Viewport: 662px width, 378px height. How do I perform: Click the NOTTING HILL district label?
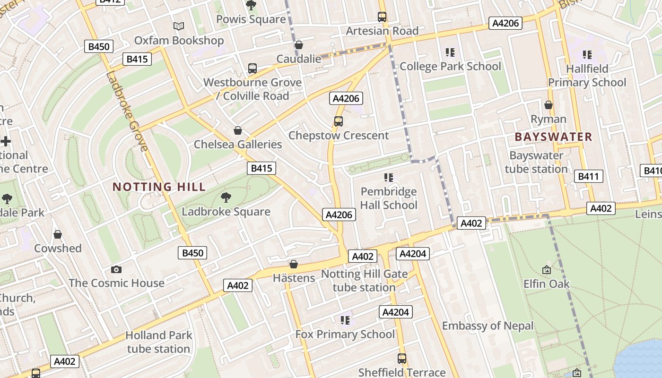click(159, 187)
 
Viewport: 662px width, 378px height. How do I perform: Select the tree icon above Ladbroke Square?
click(226, 197)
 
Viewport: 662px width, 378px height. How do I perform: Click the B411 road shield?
click(589, 177)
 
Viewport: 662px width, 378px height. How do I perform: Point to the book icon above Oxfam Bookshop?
click(178, 26)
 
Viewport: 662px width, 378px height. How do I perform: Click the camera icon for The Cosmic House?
click(116, 269)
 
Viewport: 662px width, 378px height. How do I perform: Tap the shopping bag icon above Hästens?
click(294, 264)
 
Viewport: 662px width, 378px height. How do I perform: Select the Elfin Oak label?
click(546, 283)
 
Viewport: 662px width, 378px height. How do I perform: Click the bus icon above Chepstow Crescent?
click(339, 121)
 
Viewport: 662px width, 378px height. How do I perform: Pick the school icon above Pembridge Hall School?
click(389, 178)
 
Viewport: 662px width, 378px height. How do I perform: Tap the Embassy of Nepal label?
click(488, 326)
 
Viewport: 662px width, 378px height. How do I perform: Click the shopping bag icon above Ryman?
click(549, 105)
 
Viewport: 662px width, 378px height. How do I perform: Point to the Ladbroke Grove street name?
click(127, 111)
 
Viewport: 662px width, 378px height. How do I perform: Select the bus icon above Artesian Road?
click(382, 17)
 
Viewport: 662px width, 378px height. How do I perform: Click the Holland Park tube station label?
click(158, 342)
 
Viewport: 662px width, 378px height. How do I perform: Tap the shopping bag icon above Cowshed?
click(58, 234)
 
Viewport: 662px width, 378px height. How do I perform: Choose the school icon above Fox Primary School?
click(345, 320)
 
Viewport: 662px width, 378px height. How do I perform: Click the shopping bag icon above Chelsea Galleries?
click(238, 130)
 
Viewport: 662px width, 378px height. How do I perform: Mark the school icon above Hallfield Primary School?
click(587, 55)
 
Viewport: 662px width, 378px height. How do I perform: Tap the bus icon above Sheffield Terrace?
click(402, 359)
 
